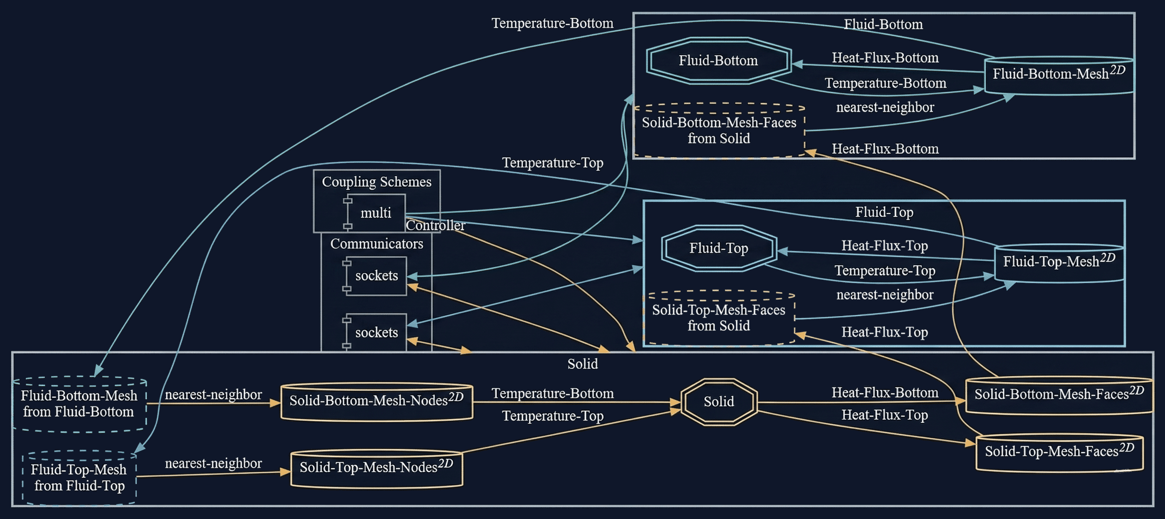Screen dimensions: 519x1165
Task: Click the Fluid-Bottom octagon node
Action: pos(718,61)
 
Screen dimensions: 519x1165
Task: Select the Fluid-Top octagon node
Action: pos(719,248)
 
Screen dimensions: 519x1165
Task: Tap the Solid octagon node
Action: pos(719,401)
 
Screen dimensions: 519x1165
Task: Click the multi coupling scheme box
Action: pos(376,213)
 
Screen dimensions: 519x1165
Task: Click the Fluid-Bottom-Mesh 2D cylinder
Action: pos(1058,75)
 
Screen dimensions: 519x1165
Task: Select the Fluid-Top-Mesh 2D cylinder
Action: pos(1058,262)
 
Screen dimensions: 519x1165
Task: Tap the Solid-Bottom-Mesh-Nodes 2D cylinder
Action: pos(376,401)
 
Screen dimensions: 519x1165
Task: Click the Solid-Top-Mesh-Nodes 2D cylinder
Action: pos(376,468)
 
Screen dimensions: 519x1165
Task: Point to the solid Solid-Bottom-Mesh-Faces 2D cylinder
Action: pos(1058,395)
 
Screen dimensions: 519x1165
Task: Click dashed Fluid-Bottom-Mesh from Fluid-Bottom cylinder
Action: pos(79,404)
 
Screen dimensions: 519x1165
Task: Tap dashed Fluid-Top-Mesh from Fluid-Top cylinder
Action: pos(79,478)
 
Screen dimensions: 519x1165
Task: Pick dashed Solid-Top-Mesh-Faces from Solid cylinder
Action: pos(719,318)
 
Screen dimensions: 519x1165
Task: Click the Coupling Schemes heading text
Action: pos(376,181)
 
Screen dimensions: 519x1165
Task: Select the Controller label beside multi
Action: pos(435,225)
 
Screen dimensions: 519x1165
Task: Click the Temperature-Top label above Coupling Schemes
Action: pos(553,163)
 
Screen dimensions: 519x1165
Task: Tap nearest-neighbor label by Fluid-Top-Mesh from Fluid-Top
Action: pos(213,463)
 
